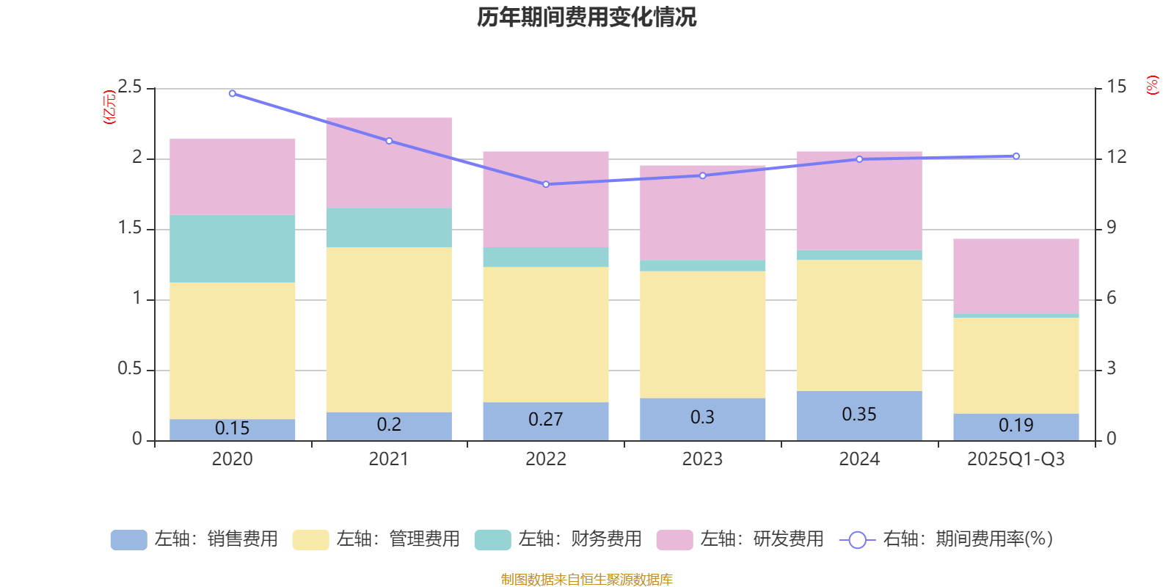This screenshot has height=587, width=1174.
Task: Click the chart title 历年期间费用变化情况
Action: [x=586, y=17]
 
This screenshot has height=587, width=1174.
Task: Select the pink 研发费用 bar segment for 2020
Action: [x=233, y=177]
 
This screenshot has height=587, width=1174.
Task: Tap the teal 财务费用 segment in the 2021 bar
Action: [x=389, y=227]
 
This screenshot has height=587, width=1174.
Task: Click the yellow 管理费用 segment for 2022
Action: [x=546, y=334]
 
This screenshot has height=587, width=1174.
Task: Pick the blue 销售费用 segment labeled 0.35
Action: [x=859, y=415]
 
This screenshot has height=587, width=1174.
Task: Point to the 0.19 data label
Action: [x=1016, y=426]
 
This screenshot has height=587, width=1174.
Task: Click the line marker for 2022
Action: [x=546, y=184]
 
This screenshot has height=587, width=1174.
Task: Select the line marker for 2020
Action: [x=233, y=93]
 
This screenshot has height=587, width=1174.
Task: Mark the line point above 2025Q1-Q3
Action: [x=1016, y=156]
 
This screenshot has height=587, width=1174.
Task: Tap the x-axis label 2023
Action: [x=702, y=459]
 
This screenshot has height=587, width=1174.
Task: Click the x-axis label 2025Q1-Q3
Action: [x=1016, y=459]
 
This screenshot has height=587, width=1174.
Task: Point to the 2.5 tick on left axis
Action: [x=130, y=87]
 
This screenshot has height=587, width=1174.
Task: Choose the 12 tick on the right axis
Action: [x=1117, y=157]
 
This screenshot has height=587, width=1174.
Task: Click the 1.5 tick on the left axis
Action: [x=130, y=228]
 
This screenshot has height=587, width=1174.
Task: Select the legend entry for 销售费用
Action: [x=194, y=539]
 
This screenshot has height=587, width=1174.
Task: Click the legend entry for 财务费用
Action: [x=558, y=539]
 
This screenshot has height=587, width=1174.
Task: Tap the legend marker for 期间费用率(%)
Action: [x=857, y=540]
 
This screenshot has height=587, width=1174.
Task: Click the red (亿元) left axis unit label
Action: [x=109, y=107]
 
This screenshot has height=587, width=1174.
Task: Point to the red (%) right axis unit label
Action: [x=1153, y=85]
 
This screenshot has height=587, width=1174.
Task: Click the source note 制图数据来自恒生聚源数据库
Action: [x=586, y=580]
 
